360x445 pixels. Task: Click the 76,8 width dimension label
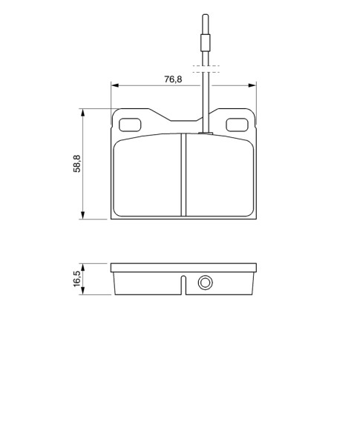pos(173,79)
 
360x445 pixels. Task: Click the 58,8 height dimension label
pos(77,163)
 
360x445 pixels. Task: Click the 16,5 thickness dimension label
pos(77,279)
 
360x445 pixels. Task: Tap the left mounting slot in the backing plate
pos(130,125)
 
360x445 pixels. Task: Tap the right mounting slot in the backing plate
pos(237,125)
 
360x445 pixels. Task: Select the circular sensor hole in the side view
pos(205,283)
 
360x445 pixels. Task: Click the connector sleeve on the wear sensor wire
pos(205,43)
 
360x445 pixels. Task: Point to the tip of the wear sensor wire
pos(205,15)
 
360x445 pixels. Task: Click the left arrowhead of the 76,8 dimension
pos(115,85)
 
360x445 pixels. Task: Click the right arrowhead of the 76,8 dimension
pos(252,85)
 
